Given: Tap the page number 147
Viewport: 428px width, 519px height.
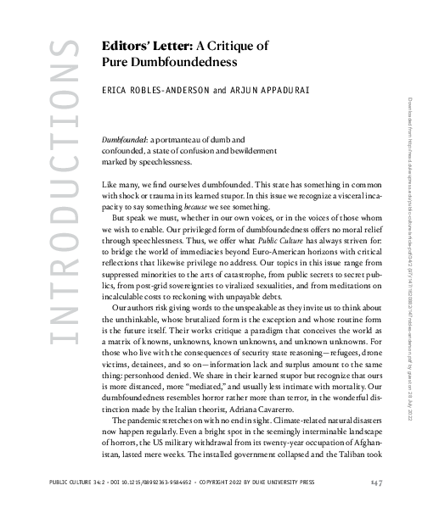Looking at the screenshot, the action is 377,483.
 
